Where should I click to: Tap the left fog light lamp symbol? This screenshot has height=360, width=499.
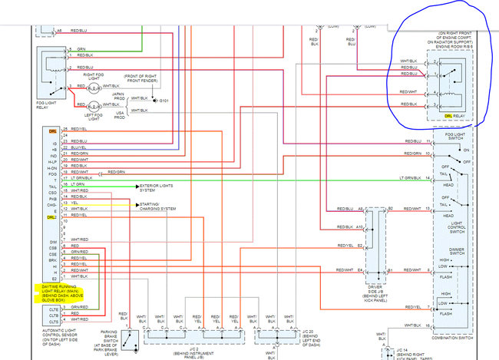[94, 106]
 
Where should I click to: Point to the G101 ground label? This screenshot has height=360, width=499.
[163, 101]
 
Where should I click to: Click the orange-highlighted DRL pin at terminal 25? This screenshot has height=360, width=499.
[51, 130]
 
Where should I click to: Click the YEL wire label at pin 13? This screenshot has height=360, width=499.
[74, 203]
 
